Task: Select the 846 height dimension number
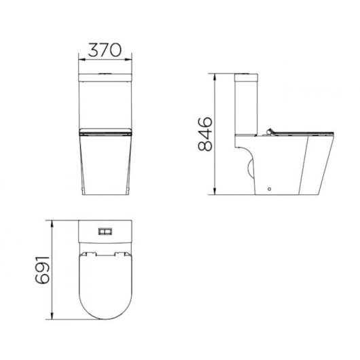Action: point(204,134)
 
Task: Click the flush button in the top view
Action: point(105,231)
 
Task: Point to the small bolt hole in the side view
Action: point(270,188)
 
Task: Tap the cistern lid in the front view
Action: point(105,73)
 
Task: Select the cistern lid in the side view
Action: point(247,73)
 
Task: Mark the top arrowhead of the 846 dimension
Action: point(216,73)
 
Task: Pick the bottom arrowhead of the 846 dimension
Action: point(216,193)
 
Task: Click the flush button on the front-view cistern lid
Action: point(105,71)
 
